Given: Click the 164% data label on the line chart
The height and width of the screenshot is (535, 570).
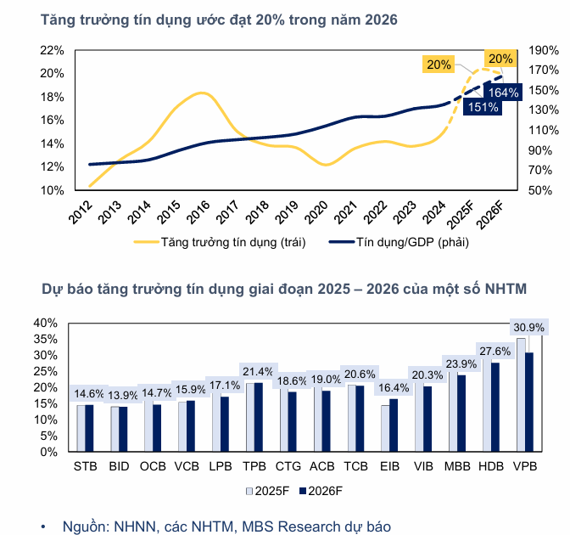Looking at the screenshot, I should [x=504, y=93].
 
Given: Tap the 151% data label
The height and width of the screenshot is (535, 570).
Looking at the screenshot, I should [x=483, y=107].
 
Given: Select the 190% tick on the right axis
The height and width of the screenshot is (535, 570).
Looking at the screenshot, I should [x=541, y=50].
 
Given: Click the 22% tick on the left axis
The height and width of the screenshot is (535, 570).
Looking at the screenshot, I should [x=53, y=50].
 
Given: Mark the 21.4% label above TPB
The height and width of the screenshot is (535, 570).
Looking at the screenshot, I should [x=258, y=371].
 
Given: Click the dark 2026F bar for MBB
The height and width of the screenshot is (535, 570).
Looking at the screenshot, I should [x=461, y=413].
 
